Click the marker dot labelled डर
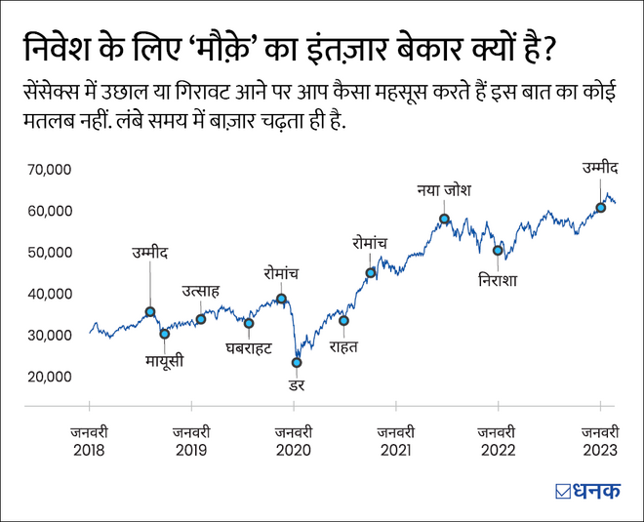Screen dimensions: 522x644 tap(297, 363)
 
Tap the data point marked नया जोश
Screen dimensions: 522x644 tap(444, 220)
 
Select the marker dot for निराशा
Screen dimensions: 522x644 tap(498, 251)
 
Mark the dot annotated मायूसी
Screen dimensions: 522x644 tap(165, 334)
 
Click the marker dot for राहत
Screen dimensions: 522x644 tap(343, 321)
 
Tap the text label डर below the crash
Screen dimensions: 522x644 tap(297, 385)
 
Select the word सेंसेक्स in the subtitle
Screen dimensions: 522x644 tap(59, 93)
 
